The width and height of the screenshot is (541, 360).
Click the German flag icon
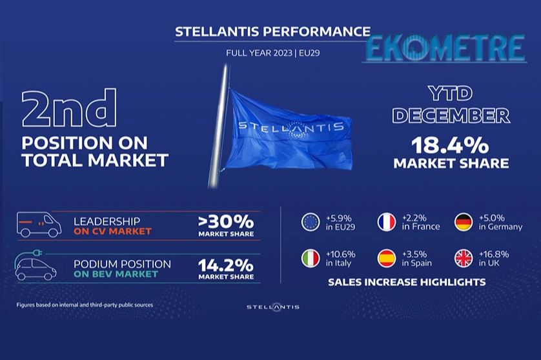click(464, 222)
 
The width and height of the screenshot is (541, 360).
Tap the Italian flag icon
click(311, 258)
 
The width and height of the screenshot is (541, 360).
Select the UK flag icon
click(464, 258)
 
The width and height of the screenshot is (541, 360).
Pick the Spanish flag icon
click(387, 258)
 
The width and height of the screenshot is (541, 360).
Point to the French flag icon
click(387, 222)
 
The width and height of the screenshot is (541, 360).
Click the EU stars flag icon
click(311, 222)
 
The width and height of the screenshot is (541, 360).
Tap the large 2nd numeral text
click(69, 108)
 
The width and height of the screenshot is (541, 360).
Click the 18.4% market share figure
click(450, 145)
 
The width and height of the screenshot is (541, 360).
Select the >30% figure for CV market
click(226, 222)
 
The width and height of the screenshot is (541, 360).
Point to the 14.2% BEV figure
click(226, 265)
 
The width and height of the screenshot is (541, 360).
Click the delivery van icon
click(39, 225)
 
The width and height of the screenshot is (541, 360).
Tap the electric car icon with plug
click(36, 265)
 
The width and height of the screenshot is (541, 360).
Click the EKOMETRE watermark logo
click(445, 48)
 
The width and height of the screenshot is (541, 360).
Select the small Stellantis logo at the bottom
click(273, 307)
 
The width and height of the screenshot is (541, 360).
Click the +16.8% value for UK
click(494, 254)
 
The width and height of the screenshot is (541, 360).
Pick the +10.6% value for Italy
click(340, 254)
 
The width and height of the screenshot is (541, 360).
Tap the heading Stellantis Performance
click(272, 32)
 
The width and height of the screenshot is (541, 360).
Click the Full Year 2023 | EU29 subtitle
click(273, 53)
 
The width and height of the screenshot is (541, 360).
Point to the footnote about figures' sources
click(85, 305)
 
